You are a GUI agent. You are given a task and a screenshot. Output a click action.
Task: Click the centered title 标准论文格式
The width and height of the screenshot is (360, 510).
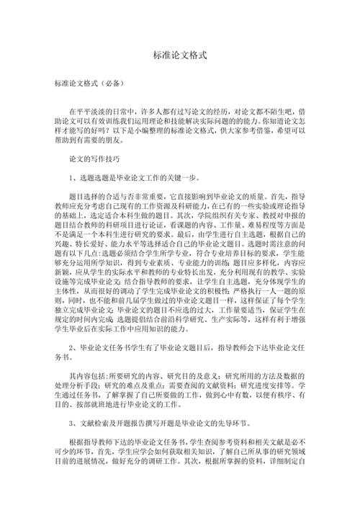[x=180, y=55]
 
